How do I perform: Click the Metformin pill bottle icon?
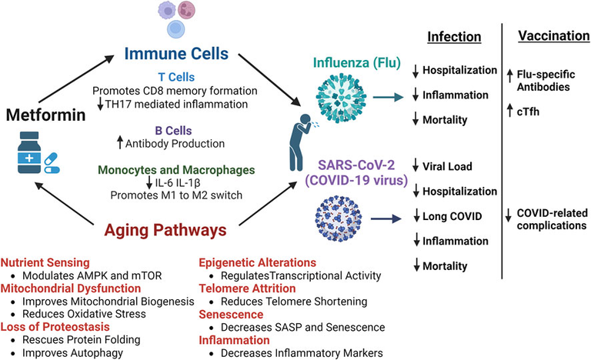click(x=29, y=152)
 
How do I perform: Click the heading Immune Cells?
click(x=176, y=54)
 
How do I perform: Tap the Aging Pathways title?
click(x=165, y=230)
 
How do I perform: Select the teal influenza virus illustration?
click(x=341, y=98)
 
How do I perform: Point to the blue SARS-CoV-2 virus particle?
click(x=338, y=218)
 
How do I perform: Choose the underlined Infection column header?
click(x=454, y=37)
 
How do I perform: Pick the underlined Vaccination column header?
click(x=554, y=36)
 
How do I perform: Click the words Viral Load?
click(x=447, y=166)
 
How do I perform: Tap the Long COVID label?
click(x=452, y=216)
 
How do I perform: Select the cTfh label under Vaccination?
click(x=528, y=112)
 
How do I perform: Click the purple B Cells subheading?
click(x=173, y=131)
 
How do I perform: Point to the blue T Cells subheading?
click(x=176, y=77)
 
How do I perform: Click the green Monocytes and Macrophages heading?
click(x=176, y=170)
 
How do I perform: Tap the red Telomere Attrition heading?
click(x=247, y=288)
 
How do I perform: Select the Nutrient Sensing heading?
click(x=45, y=263)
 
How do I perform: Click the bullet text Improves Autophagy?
click(x=73, y=353)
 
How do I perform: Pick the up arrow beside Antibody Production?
click(x=120, y=142)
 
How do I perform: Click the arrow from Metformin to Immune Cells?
click(x=76, y=78)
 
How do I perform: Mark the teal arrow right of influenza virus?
click(x=388, y=97)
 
